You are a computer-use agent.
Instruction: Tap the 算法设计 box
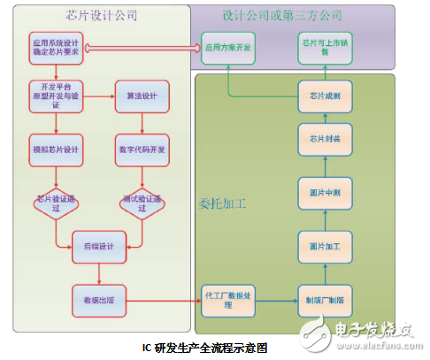(x=136, y=95)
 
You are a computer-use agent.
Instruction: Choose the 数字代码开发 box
(x=136, y=148)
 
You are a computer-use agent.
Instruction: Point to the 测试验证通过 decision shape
(x=136, y=203)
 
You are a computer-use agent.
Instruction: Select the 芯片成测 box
(x=319, y=95)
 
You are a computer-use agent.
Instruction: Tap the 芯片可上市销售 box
(x=319, y=47)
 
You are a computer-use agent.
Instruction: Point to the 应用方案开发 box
(x=228, y=47)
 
